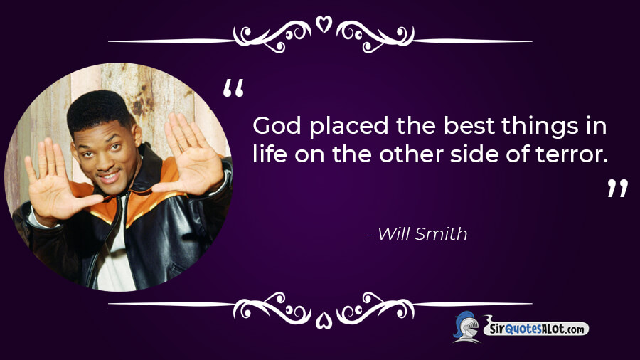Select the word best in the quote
pos(469,126)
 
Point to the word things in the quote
pos(540,127)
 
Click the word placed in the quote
pos(349,127)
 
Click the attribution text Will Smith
pos(422,234)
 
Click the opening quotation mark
pos(233,88)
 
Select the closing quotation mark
pos(617,188)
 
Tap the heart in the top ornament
pos(324,24)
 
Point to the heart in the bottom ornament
pos(324,320)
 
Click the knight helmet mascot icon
pos(467,327)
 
